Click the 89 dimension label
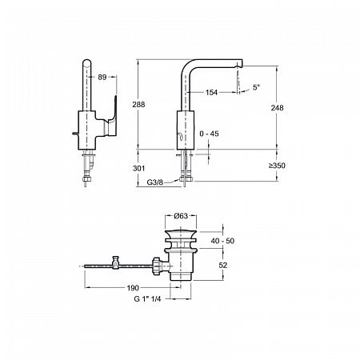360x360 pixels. [102, 78]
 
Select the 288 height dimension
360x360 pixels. [138, 105]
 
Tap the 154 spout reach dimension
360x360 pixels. [211, 93]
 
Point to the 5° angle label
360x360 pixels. [256, 87]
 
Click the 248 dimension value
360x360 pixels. [278, 108]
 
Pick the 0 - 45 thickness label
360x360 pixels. [209, 134]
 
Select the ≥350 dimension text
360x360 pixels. [277, 166]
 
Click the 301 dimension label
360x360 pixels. [139, 168]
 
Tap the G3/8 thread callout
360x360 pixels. [154, 182]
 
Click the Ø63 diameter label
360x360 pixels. [181, 216]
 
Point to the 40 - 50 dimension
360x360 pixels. [222, 241]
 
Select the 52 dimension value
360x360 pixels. [223, 266]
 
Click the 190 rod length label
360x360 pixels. [133, 288]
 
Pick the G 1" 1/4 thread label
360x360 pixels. [147, 299]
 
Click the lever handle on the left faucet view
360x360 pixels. [111, 118]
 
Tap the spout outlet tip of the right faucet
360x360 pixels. [240, 66]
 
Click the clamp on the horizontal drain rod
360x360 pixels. [116, 262]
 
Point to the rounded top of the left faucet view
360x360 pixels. [87, 62]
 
